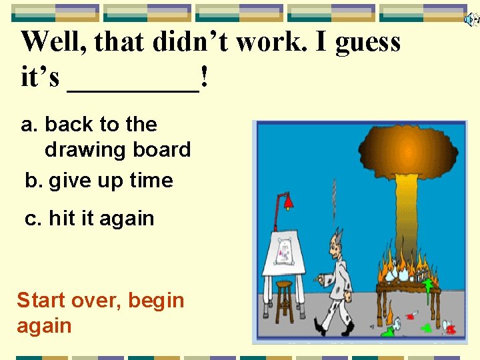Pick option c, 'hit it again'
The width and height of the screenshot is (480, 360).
tap(89, 219)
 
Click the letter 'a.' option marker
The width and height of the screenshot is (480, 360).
tap(30, 125)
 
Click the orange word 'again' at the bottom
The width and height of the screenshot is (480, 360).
tap(44, 326)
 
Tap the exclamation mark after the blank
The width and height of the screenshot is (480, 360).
tap(203, 79)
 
